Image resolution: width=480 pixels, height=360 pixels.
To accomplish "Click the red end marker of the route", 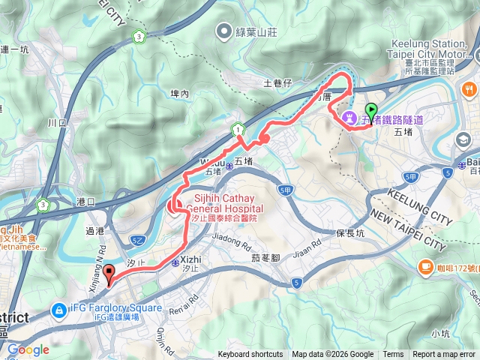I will point(109,274).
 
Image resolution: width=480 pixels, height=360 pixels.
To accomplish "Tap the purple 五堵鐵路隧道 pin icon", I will point(349,118).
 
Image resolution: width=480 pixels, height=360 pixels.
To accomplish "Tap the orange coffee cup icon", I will point(426,265).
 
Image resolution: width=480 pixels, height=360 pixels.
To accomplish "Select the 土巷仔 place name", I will point(278,82).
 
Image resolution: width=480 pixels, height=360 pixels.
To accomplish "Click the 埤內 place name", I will point(180,94).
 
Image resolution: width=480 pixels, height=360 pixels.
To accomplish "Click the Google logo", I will point(28,349).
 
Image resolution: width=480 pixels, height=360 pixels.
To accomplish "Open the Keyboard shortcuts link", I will point(250,355).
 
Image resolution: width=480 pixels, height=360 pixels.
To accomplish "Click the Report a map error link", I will point(444,355).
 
